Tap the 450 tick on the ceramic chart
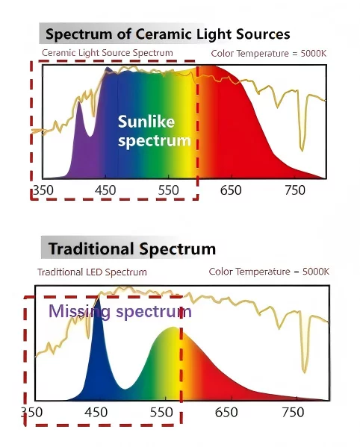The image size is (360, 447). click(106, 190)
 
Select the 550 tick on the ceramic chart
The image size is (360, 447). click(169, 190)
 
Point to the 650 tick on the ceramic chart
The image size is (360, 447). click(231, 190)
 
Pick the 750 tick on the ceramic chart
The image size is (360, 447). click(295, 190)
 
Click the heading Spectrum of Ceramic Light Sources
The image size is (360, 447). click(167, 34)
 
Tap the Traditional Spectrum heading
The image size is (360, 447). click(132, 248)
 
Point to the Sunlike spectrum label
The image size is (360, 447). click(154, 131)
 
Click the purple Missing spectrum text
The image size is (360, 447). click(120, 311)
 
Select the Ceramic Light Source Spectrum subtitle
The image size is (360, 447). click(107, 53)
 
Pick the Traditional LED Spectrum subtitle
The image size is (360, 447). click(92, 272)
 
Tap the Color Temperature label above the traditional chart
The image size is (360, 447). click(268, 272)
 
